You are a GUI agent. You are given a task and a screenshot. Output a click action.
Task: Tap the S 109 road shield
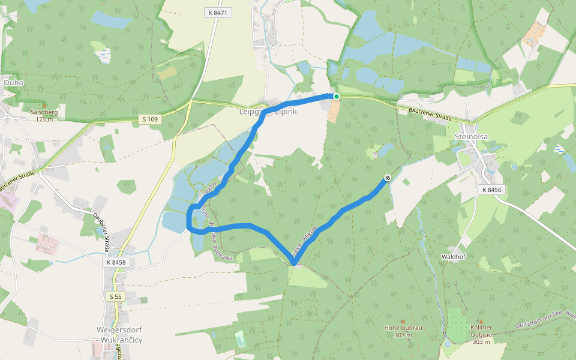151,119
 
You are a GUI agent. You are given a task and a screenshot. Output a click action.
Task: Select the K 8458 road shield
116,262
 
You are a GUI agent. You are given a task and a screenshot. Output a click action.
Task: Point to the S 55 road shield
115,296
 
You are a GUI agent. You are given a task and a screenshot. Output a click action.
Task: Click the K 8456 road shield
490,190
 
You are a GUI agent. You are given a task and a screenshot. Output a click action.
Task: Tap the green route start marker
337,97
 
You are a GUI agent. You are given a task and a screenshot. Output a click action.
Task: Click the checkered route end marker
388,177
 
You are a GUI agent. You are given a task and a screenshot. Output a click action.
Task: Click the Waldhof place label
454,256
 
